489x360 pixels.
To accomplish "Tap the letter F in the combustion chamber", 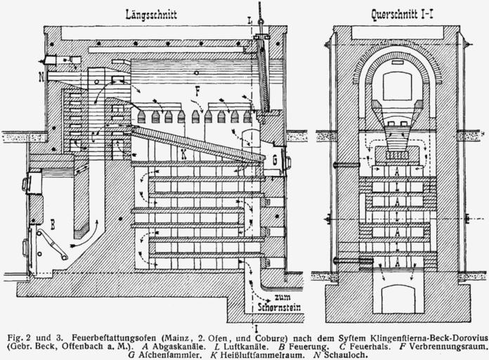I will [198, 91].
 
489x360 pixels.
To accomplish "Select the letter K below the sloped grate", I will [183, 153].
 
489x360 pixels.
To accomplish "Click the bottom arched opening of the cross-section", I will [397, 297].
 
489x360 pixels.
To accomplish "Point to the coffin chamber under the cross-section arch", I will [397, 88].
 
